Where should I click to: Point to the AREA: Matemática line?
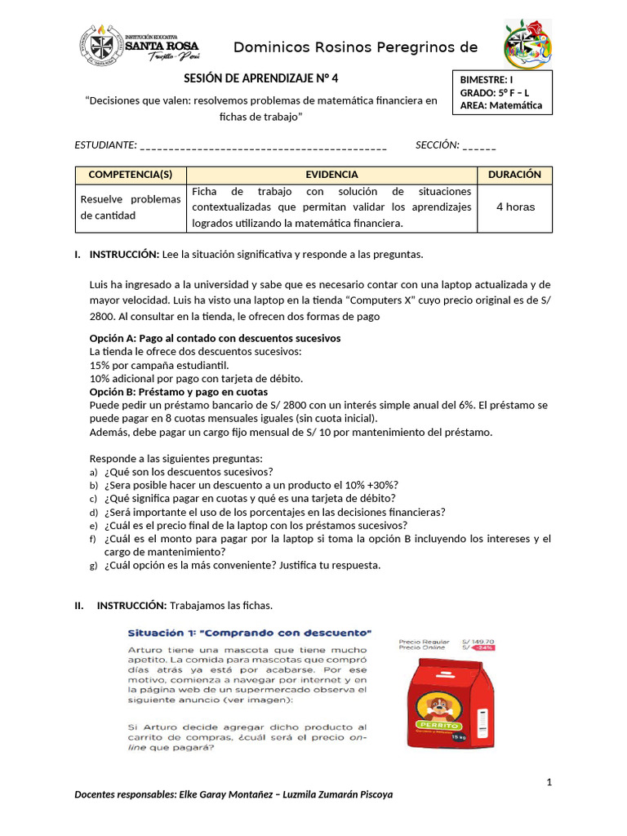[501, 105]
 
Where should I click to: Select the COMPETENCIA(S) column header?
[131, 175]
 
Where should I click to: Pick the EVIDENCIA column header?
[331, 175]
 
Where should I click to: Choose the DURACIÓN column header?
[514, 175]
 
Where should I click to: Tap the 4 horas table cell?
[515, 207]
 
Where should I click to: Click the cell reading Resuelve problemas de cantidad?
[131, 207]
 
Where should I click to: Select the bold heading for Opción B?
[178, 392]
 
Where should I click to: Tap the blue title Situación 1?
[250, 632]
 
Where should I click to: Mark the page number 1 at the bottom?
[549, 783]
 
